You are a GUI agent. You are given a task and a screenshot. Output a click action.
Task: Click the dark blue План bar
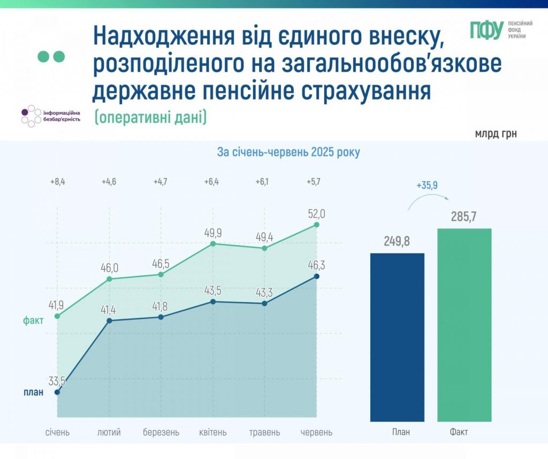(x=397, y=337)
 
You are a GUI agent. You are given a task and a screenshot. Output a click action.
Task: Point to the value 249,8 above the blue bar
(x=397, y=241)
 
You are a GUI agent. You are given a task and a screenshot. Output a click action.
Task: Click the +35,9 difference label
(x=427, y=186)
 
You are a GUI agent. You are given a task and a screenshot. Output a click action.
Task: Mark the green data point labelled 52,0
(x=317, y=225)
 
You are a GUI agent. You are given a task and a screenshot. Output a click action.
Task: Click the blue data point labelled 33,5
(x=57, y=392)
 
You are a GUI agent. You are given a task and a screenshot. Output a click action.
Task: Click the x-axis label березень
(x=161, y=432)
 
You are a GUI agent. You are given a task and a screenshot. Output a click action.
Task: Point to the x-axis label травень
(x=264, y=432)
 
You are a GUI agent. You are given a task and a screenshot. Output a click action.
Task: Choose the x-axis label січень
(x=57, y=432)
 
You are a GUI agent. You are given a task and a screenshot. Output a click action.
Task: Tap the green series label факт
(x=33, y=320)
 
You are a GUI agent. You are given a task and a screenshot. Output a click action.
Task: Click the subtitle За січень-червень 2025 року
(x=288, y=152)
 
